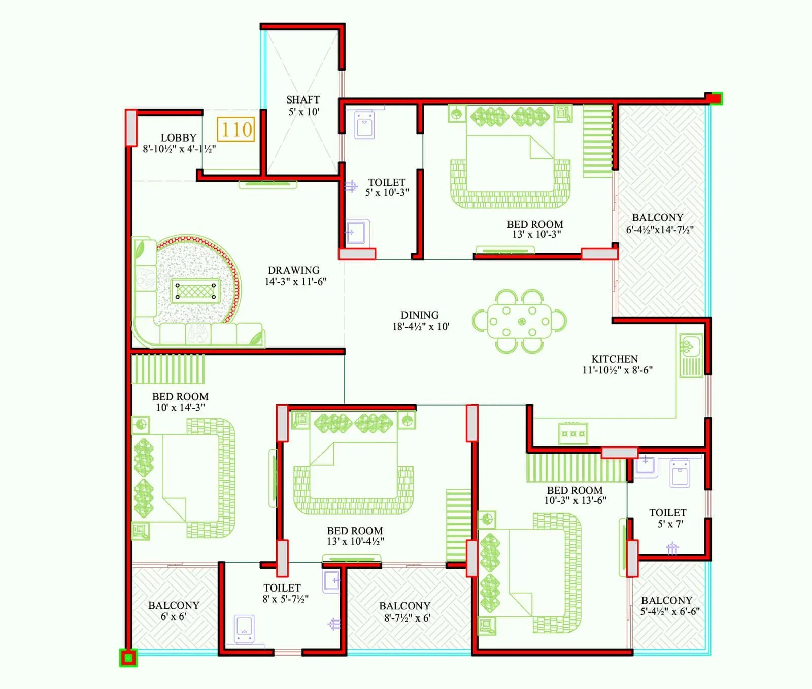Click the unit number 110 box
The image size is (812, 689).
(236, 130)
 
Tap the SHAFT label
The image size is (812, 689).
(303, 100)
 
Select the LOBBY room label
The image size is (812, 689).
(179, 138)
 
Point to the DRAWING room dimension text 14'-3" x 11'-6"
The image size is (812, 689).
(295, 282)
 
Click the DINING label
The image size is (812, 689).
(420, 315)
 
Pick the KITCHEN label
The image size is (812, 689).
(615, 359)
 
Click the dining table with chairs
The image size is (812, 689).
(519, 322)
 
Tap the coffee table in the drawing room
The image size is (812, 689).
(195, 291)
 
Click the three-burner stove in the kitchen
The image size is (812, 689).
(573, 434)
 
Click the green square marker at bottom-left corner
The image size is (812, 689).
(128, 659)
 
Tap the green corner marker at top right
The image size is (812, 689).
(716, 98)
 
